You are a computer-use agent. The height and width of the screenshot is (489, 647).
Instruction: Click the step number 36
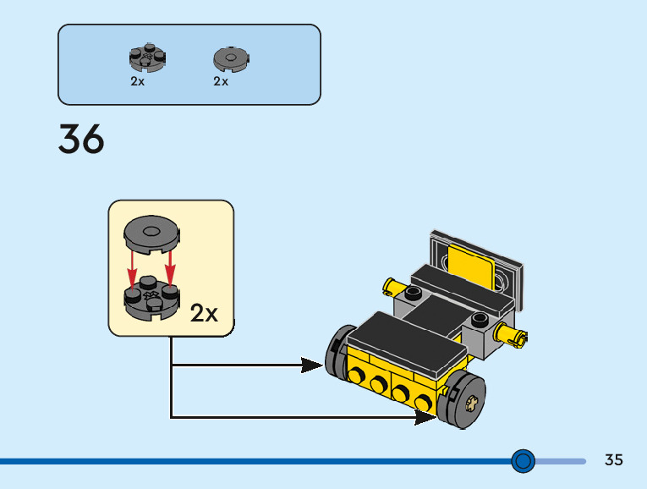(81, 140)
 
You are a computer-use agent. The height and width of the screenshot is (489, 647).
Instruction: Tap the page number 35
(614, 460)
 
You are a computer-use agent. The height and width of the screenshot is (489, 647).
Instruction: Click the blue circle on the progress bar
(524, 461)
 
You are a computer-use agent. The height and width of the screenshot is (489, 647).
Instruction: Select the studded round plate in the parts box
(146, 58)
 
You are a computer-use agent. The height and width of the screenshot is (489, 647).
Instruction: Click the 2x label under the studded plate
(137, 82)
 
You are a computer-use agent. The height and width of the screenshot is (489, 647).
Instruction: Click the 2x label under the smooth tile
(221, 82)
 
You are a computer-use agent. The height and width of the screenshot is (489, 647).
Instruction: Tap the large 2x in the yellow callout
(204, 313)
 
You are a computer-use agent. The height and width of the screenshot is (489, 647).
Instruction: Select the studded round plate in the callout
(151, 299)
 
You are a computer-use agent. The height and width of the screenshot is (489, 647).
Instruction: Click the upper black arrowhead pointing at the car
(312, 365)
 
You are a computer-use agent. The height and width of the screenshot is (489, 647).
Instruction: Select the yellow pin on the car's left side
(394, 286)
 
